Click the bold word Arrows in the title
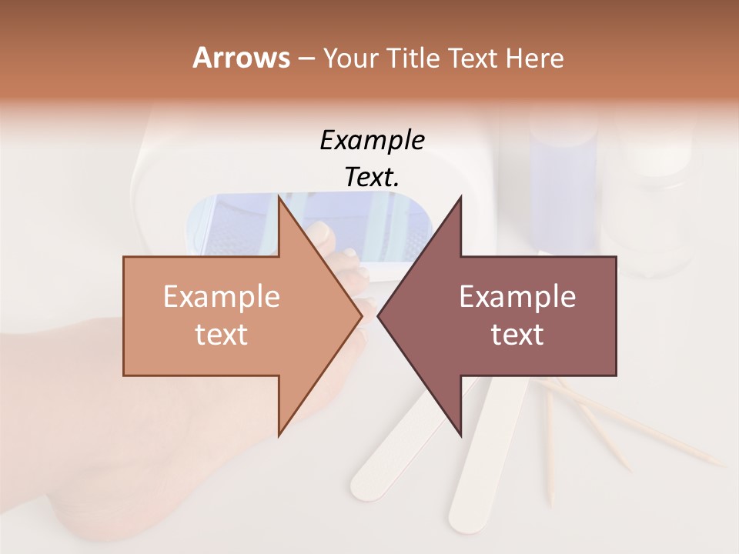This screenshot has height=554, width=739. (240, 58)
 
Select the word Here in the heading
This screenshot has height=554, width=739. (533, 58)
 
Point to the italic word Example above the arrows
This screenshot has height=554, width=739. (372, 141)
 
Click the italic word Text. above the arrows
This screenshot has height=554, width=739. (372, 178)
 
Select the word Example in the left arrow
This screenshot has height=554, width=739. (222, 297)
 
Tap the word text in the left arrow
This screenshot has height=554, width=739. (222, 334)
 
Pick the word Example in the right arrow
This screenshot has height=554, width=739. (517, 297)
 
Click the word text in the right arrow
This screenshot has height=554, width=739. (517, 334)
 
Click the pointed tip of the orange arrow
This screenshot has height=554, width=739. (361, 315)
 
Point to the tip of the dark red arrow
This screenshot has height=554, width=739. (379, 315)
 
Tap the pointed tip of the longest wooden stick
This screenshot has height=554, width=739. (724, 465)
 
